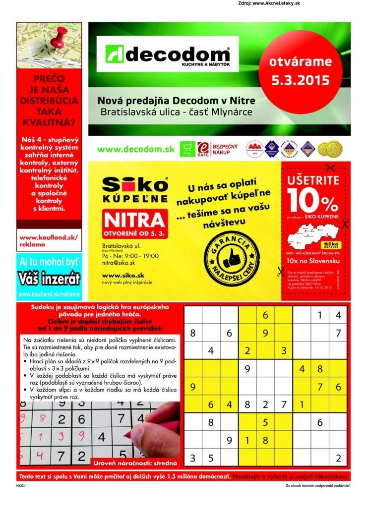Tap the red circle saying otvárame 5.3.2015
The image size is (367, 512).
(x=300, y=71)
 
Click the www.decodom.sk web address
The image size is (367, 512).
(x=135, y=149)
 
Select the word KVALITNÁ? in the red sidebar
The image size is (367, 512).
(x=48, y=122)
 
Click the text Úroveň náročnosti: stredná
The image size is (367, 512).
(x=135, y=463)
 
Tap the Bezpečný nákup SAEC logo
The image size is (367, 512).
(x=218, y=148)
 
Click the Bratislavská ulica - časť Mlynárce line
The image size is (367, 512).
(x=176, y=112)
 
